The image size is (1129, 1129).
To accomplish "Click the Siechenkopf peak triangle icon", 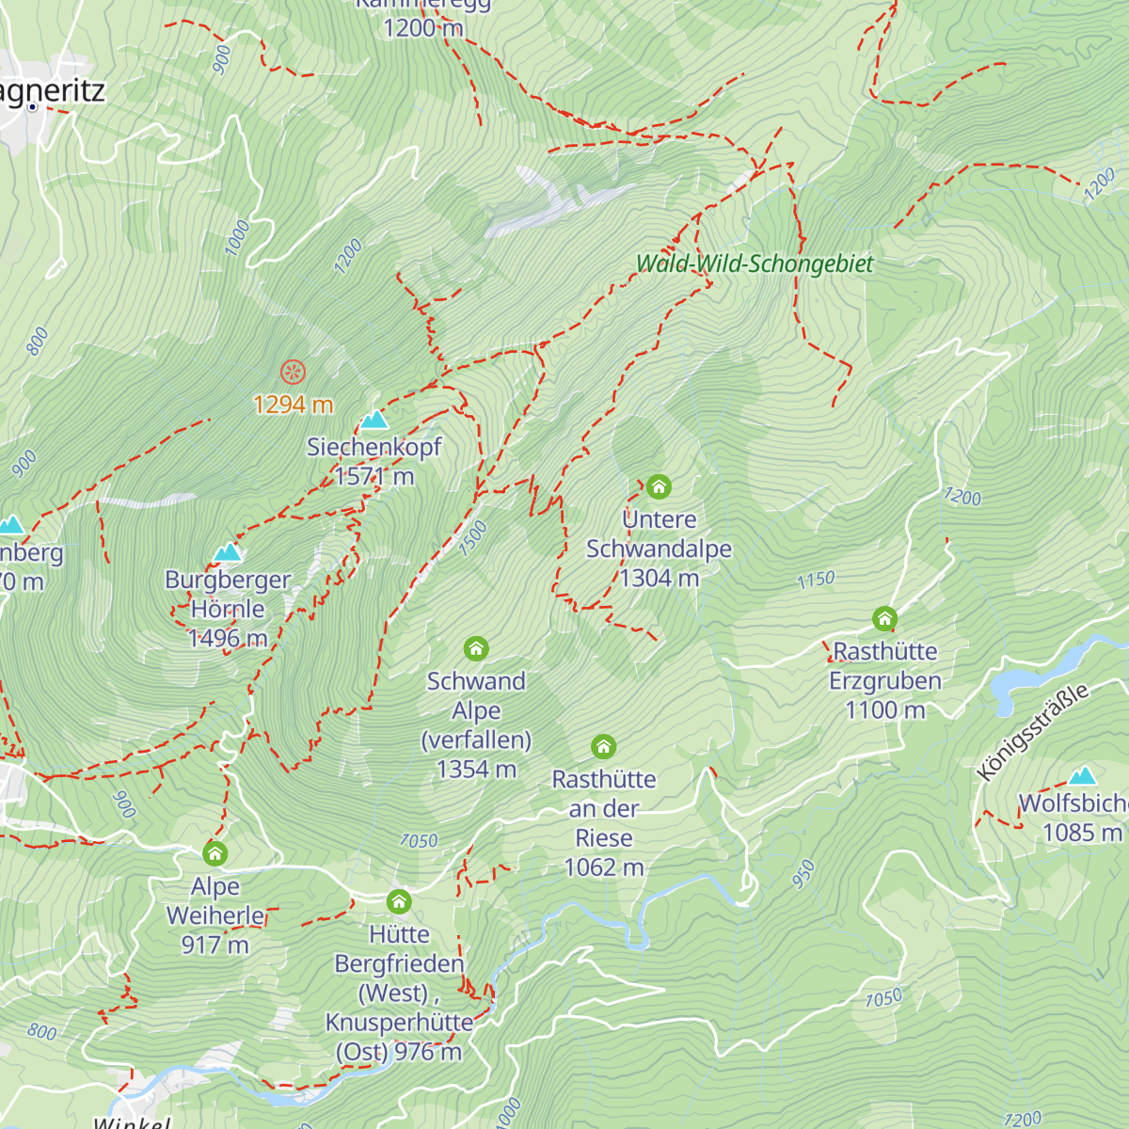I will click(374, 420).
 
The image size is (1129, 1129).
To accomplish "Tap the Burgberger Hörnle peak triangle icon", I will click(228, 552).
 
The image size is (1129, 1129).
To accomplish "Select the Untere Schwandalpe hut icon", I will click(659, 486).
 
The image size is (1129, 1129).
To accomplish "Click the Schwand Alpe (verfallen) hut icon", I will click(476, 648).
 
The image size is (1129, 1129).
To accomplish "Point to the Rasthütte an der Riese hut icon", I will click(603, 747).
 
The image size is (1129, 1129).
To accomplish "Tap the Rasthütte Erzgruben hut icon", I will click(884, 619).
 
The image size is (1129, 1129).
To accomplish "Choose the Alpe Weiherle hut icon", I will click(215, 853).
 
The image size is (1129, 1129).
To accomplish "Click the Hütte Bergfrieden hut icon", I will click(399, 901).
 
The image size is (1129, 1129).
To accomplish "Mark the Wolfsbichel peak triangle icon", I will click(1083, 776).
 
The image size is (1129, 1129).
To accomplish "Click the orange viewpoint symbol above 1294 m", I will click(294, 372).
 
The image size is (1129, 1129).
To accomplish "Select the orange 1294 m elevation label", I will click(294, 405).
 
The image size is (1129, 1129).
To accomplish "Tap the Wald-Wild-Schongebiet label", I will click(755, 264).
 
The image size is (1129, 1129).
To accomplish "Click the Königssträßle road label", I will click(1032, 733).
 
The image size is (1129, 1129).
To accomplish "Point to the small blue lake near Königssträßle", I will click(1011, 684).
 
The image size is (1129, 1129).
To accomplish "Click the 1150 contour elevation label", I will click(816, 580).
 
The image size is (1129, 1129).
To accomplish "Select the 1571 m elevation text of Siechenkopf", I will click(374, 477).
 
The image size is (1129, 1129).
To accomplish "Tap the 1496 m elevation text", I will click(228, 639).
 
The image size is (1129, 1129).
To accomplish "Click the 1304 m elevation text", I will click(659, 578).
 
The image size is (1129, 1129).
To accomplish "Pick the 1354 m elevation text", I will click(476, 770).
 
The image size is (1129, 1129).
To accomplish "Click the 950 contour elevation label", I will click(803, 874).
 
